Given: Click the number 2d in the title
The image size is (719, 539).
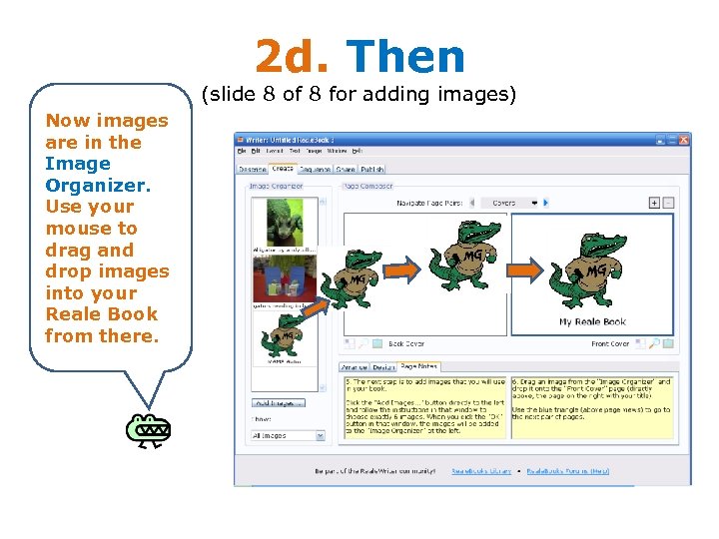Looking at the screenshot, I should click(x=291, y=57).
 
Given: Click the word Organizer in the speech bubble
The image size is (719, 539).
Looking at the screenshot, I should click(x=97, y=185).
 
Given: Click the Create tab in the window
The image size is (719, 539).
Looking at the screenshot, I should click(x=283, y=170).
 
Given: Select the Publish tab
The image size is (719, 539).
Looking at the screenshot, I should click(x=372, y=170).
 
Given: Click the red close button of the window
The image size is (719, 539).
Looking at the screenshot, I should click(x=682, y=139).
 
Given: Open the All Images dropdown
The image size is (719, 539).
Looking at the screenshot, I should click(x=287, y=435).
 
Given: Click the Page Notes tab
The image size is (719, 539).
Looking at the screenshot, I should click(x=419, y=367).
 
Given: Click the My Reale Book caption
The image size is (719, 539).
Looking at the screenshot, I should click(x=592, y=322).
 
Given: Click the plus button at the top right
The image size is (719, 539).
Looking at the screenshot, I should click(x=654, y=203).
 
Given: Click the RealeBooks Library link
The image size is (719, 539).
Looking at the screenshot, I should click(x=481, y=471).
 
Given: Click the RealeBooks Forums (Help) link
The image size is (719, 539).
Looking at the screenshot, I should click(x=567, y=471).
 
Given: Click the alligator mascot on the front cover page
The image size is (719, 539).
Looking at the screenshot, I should click(x=591, y=269).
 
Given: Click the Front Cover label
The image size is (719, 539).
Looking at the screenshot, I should click(x=610, y=344).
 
